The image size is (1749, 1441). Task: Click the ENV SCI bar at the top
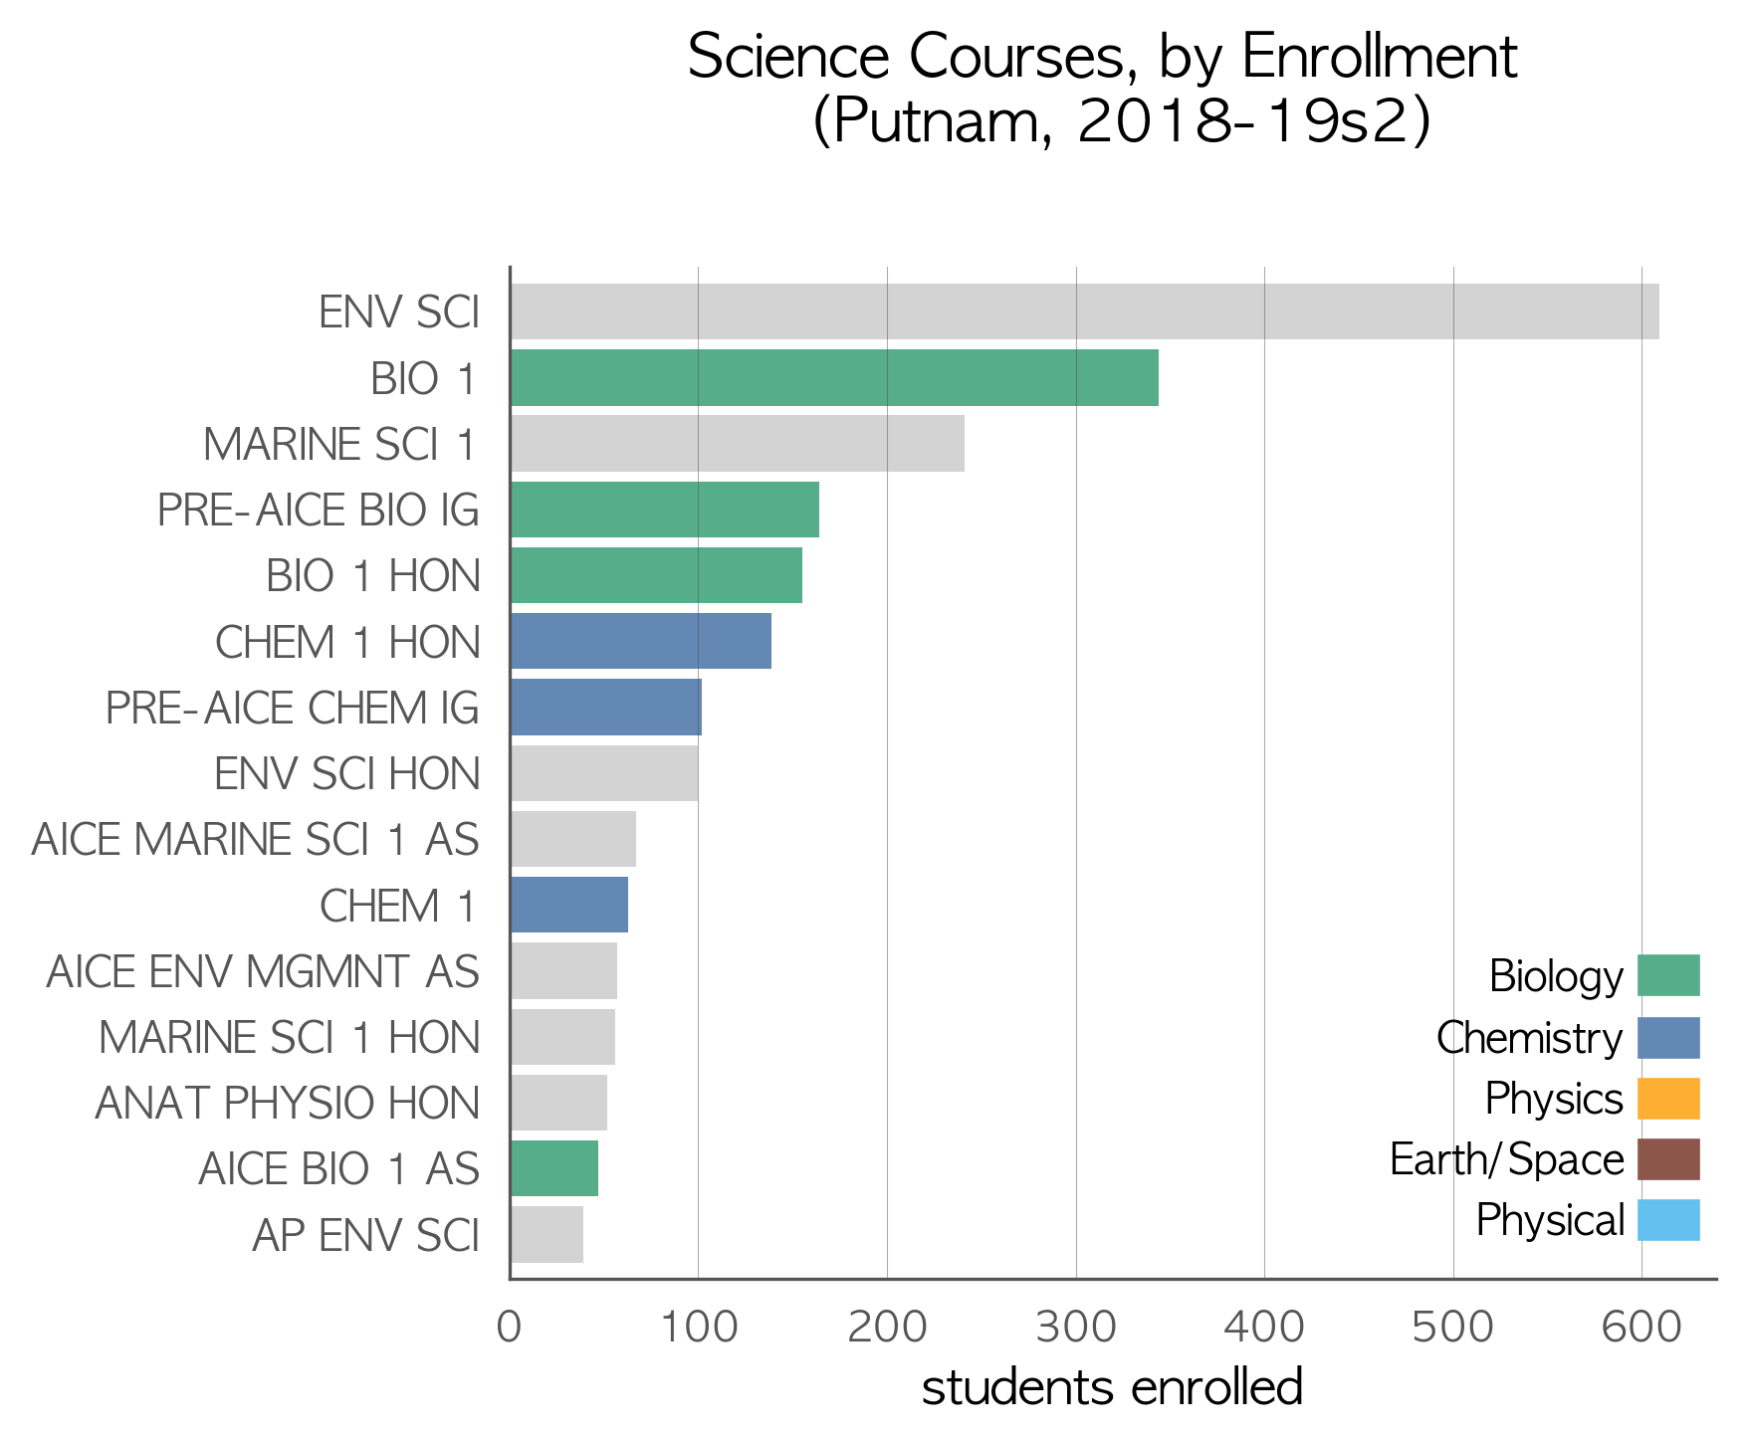[1084, 311]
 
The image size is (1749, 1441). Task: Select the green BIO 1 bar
[834, 377]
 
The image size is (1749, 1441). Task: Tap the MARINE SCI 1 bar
[738, 444]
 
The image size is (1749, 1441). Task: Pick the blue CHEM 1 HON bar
[641, 641]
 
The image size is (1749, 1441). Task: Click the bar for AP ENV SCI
[547, 1234]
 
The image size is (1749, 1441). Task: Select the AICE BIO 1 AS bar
[554, 1168]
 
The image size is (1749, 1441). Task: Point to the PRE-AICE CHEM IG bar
[606, 708]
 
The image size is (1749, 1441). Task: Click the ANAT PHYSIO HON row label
[288, 1103]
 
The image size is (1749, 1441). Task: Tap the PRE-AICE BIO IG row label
[319, 511]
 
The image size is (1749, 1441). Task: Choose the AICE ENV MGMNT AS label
[263, 971]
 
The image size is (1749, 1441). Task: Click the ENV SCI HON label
[347, 773]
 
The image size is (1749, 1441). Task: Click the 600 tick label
[1641, 1328]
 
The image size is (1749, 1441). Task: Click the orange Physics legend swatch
[1668, 1099]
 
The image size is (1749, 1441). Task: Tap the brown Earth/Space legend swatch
[1668, 1159]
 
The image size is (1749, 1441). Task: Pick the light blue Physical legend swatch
[1668, 1220]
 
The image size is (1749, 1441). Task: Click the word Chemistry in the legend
[1529, 1038]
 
